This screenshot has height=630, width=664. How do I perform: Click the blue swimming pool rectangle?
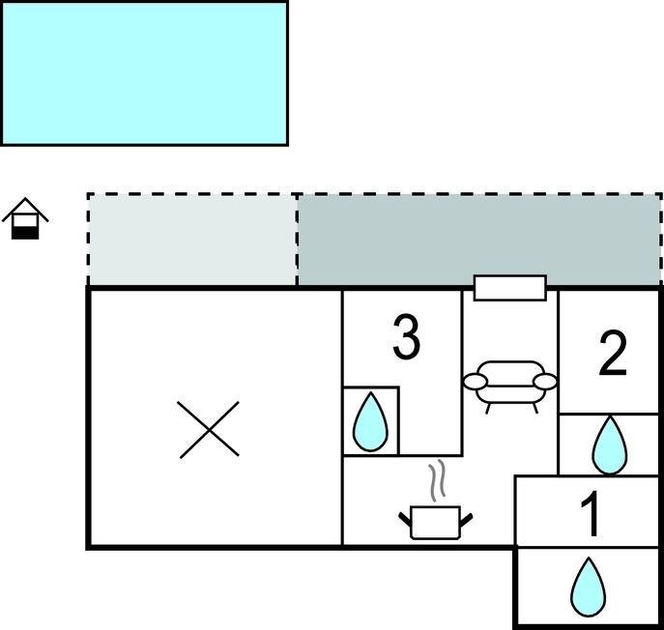144,72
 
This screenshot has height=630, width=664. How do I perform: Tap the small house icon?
26,219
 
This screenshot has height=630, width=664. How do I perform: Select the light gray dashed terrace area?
192,239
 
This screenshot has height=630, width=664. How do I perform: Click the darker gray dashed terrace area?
478,239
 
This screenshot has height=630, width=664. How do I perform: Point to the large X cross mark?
210,430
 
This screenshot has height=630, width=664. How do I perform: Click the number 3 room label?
407,337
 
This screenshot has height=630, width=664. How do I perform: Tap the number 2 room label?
614,355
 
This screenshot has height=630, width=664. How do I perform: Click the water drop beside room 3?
370,423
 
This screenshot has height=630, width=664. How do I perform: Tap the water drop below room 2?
609,444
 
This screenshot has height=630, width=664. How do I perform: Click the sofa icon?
510,383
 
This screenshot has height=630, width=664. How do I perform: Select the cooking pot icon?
434,521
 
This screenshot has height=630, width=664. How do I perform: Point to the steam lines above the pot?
437,479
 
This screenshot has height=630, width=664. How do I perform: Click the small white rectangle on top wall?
509,288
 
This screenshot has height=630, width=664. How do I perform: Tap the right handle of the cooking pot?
465,520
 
